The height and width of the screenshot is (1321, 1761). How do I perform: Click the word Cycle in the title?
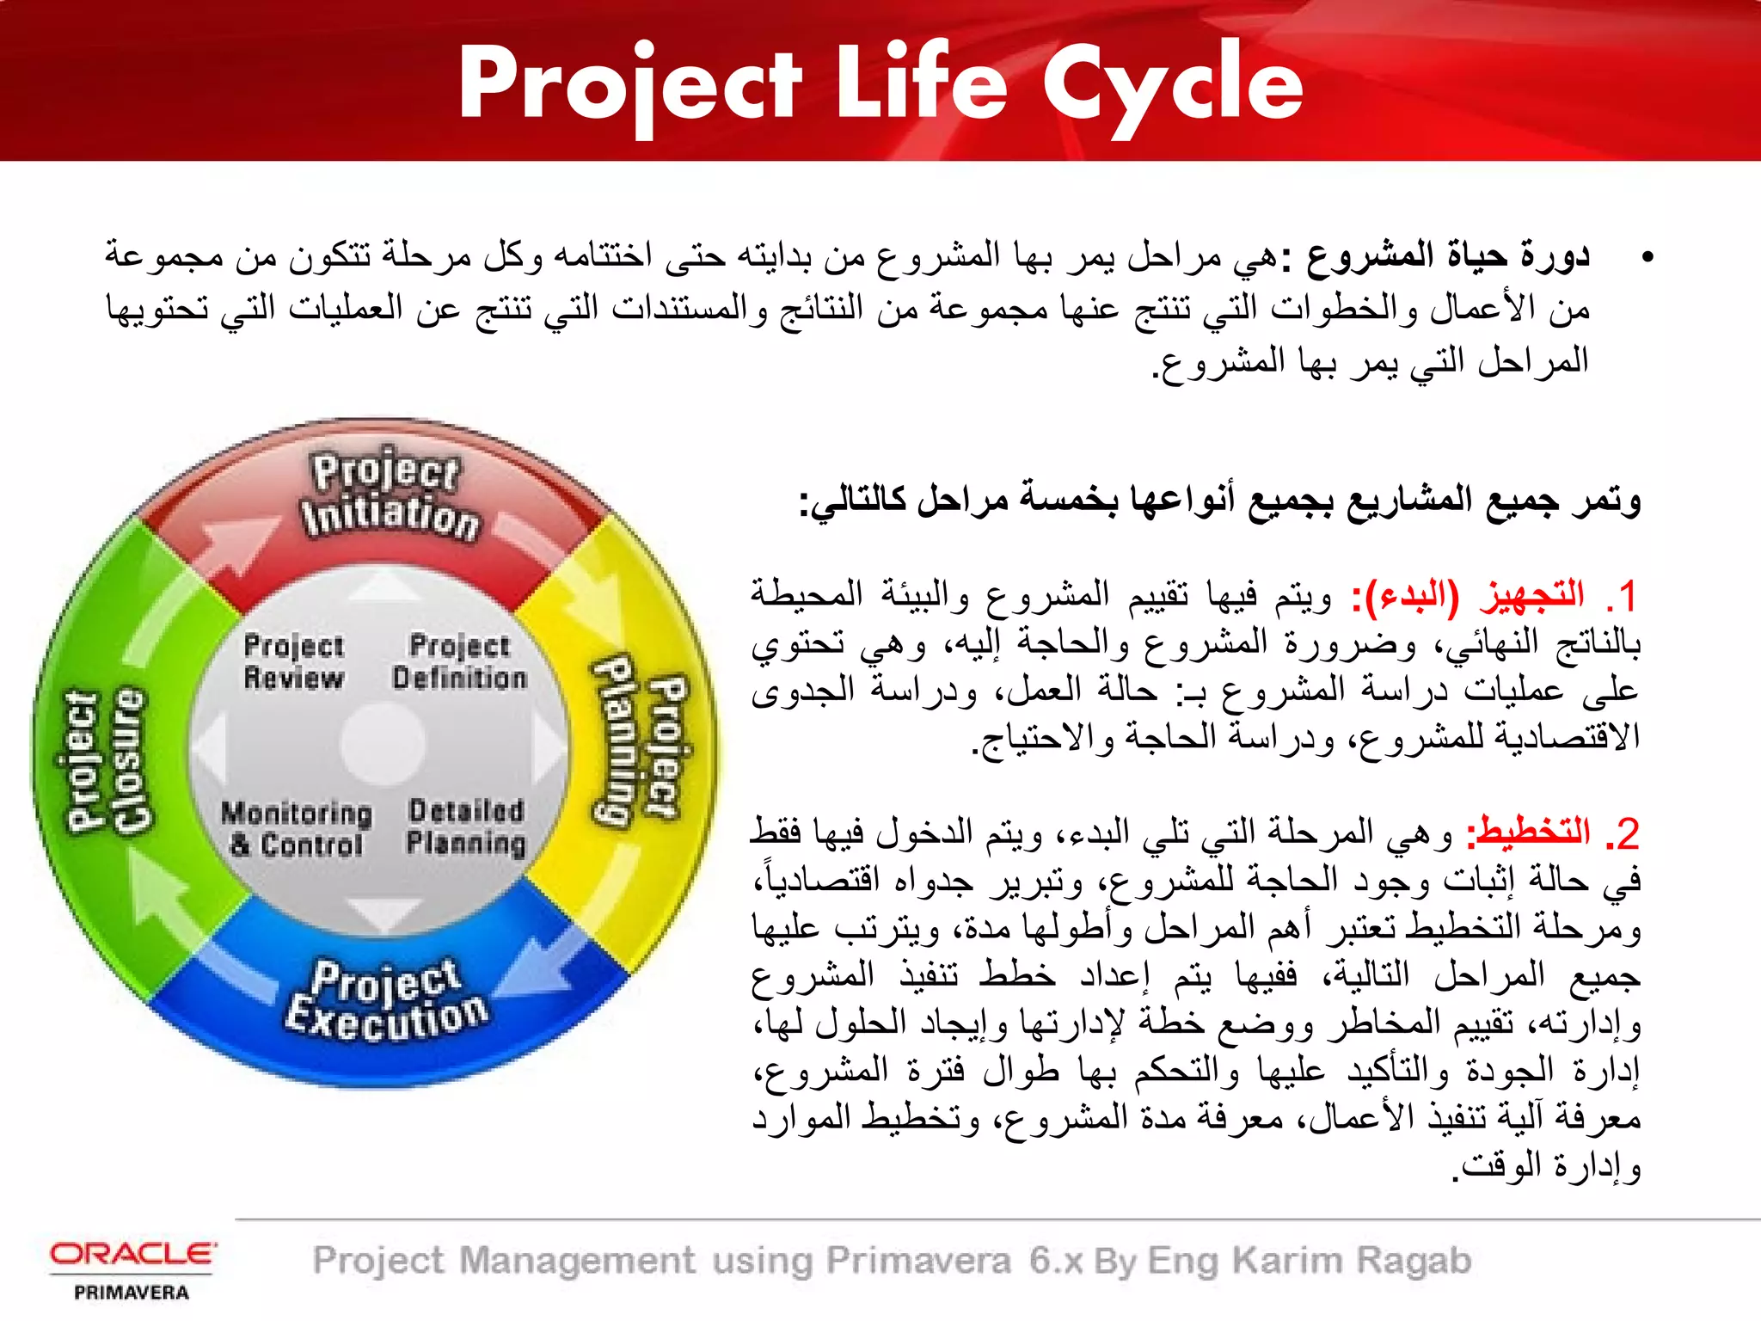(1173, 84)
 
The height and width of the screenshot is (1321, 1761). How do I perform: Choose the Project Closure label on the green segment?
(107, 761)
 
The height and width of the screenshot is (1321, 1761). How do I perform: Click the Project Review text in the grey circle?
(293, 661)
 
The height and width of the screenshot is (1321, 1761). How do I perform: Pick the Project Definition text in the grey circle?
(460, 661)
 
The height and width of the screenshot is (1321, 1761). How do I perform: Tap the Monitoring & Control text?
(297, 829)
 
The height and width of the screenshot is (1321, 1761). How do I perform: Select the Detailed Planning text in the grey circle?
(466, 826)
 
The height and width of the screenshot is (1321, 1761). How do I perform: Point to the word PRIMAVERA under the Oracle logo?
(132, 1293)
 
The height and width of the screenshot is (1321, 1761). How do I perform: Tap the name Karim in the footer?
(1287, 1261)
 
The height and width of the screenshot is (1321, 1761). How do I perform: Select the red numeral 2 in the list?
(1623, 834)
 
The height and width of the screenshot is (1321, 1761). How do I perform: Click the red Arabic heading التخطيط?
(1530, 833)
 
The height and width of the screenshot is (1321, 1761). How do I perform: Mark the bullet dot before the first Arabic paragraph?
(1647, 257)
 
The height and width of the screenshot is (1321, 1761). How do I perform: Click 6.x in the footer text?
(1056, 1261)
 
